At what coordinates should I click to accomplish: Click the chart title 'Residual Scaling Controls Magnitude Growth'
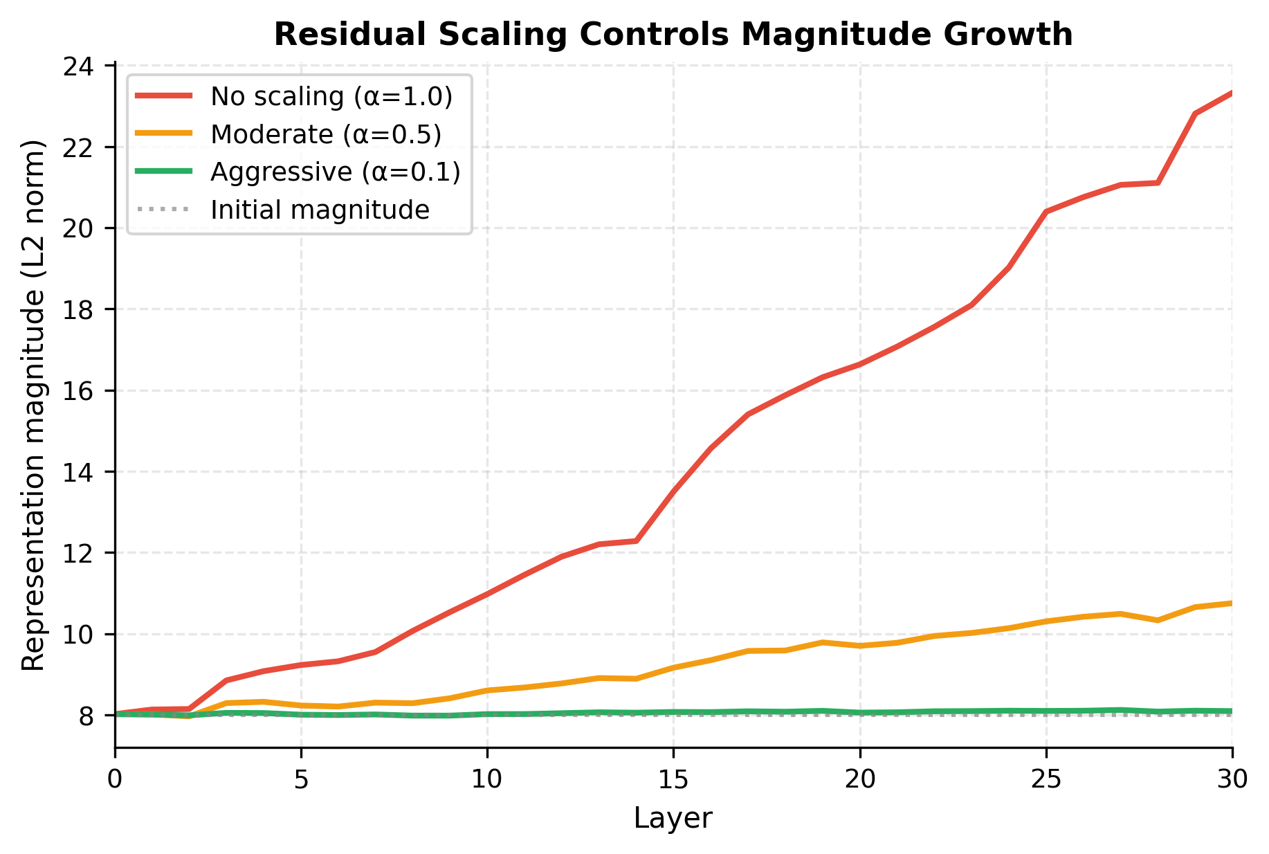(673, 35)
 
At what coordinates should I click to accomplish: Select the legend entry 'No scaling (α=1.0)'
(331, 96)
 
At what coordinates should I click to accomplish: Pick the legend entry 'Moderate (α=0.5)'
(326, 134)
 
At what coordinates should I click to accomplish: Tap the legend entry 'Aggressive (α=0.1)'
(336, 172)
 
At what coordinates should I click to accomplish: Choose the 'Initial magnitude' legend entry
(320, 209)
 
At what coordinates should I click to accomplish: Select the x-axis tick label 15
(673, 779)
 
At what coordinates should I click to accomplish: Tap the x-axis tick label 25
(1046, 779)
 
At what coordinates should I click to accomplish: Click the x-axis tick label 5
(301, 779)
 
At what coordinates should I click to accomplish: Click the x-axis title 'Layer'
(673, 819)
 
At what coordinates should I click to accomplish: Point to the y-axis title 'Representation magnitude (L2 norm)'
(33, 405)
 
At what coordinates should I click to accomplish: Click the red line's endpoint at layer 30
(1231, 93)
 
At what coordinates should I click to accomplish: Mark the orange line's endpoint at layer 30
(1231, 603)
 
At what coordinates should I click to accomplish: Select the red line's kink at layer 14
(636, 540)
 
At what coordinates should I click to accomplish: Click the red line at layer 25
(1046, 212)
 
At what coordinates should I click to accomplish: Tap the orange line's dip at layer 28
(1158, 620)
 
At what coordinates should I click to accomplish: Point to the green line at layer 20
(859, 712)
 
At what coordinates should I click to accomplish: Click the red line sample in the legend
(163, 96)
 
